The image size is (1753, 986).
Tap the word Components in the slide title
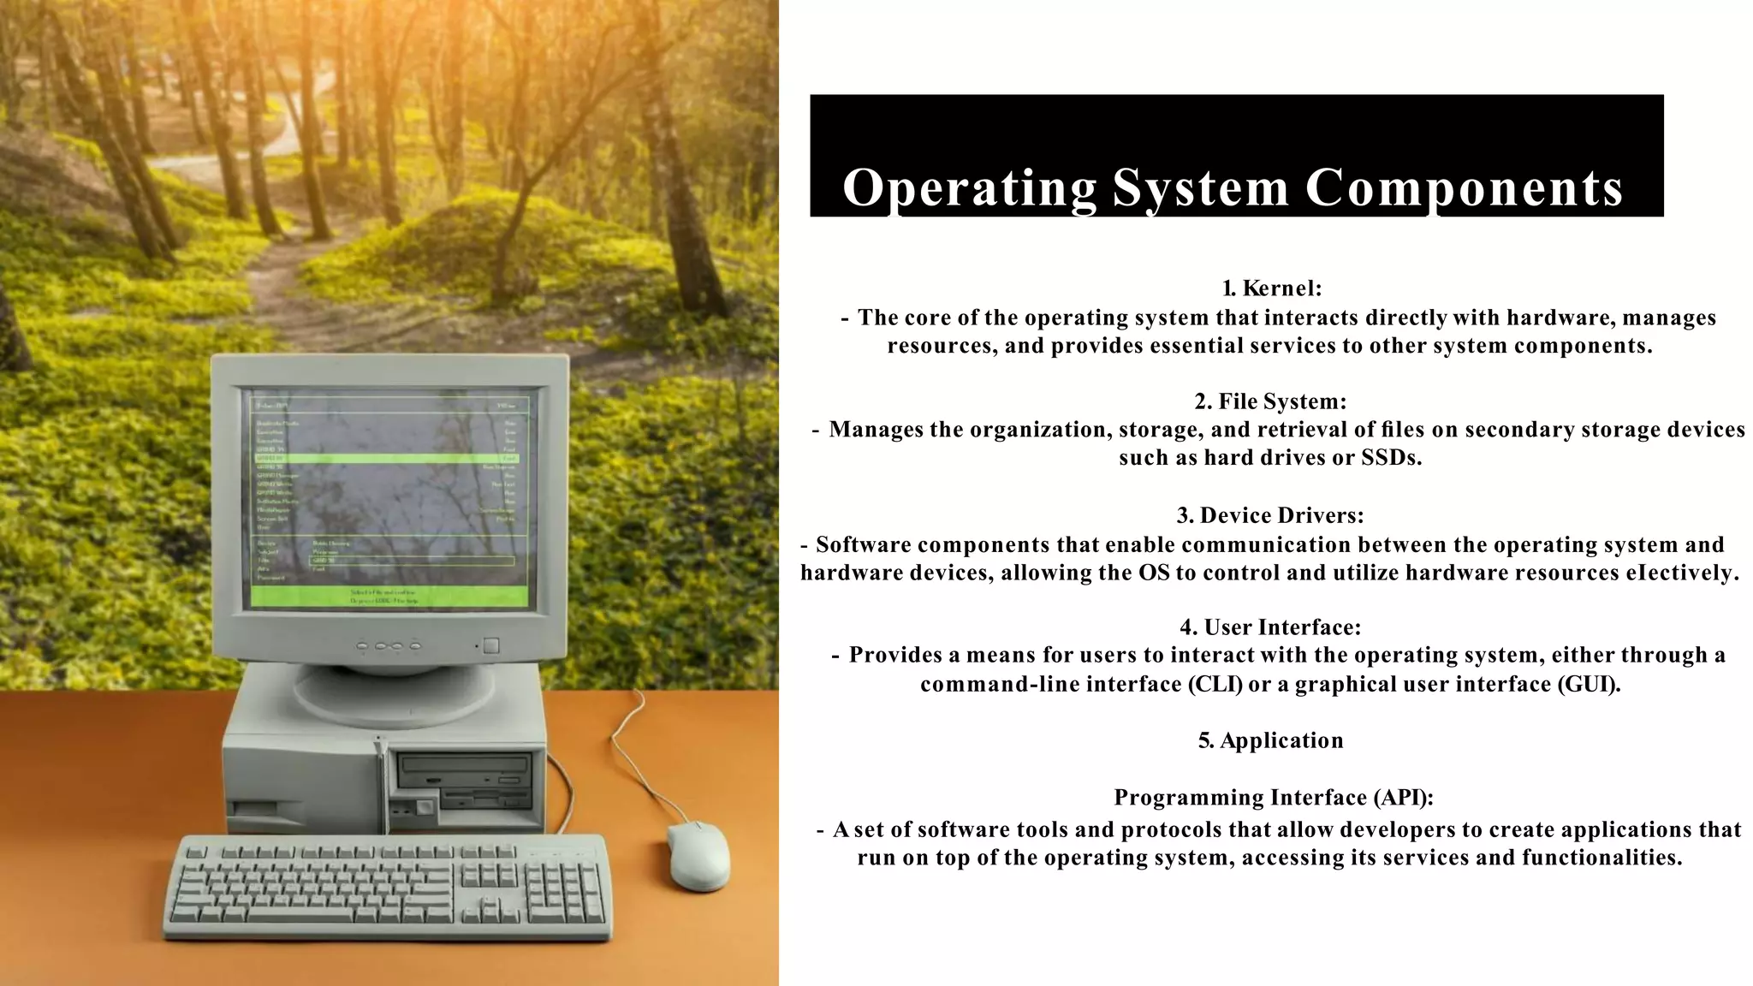(x=1464, y=188)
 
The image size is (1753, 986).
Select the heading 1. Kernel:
(x=1272, y=288)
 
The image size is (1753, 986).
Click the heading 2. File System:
(x=1271, y=401)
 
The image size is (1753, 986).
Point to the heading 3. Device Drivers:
(x=1270, y=515)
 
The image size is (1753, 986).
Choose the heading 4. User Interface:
(x=1270, y=627)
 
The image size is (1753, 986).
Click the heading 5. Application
(x=1271, y=740)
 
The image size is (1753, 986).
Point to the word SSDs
(x=1391, y=458)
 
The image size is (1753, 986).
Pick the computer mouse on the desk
(x=698, y=855)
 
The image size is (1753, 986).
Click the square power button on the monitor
(x=490, y=645)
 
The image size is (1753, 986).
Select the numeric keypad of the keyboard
(x=565, y=892)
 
